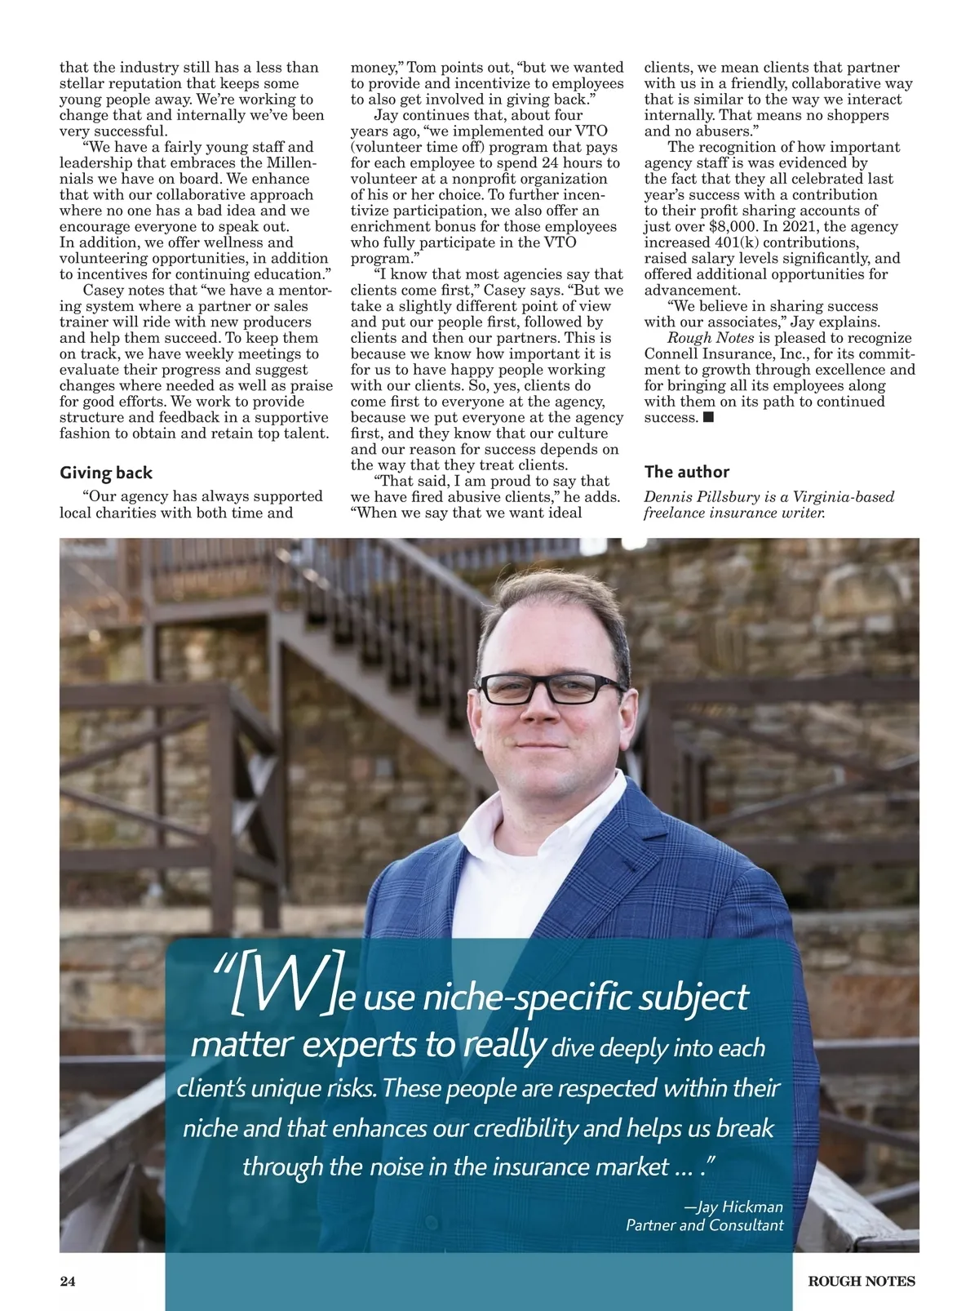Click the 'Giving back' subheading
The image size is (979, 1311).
pos(106,473)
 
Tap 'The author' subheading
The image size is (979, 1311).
pos(687,472)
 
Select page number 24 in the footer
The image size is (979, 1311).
pos(68,1281)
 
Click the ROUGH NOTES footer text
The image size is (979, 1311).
pos(862,1281)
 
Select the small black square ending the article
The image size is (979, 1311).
pos(708,417)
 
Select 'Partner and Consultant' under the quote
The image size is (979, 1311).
pos(704,1225)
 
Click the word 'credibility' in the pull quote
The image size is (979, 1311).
pos(525,1128)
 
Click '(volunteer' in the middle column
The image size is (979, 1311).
pos(387,147)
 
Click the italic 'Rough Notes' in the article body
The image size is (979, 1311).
pos(711,338)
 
